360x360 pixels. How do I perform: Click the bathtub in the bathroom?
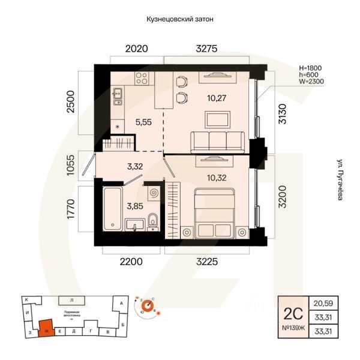(113, 209)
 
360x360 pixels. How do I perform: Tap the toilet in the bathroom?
(152, 221)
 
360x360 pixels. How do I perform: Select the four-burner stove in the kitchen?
(143, 79)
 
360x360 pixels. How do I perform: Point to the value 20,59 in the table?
(324, 304)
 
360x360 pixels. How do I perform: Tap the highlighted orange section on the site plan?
(45, 328)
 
